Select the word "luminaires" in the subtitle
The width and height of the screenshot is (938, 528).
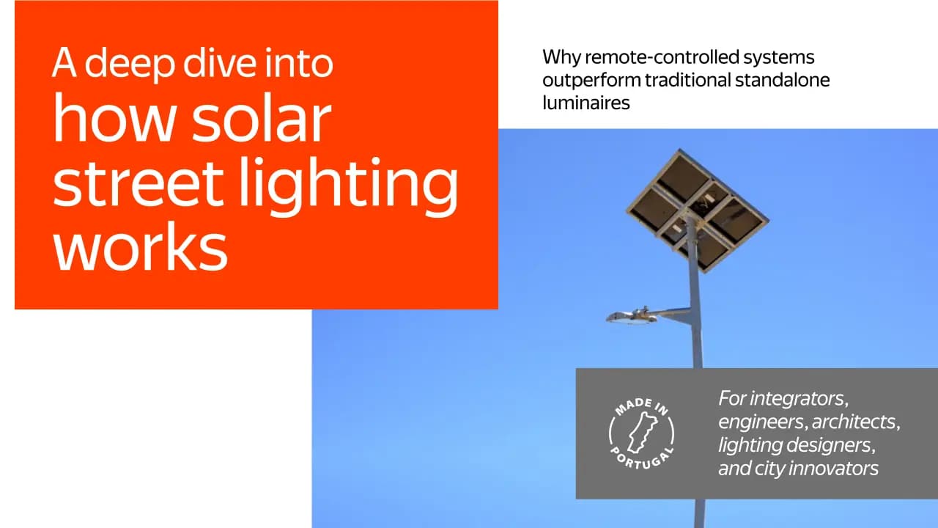[x=586, y=102]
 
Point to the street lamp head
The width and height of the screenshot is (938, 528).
[x=632, y=316]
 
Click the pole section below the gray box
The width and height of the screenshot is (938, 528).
[x=699, y=513]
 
